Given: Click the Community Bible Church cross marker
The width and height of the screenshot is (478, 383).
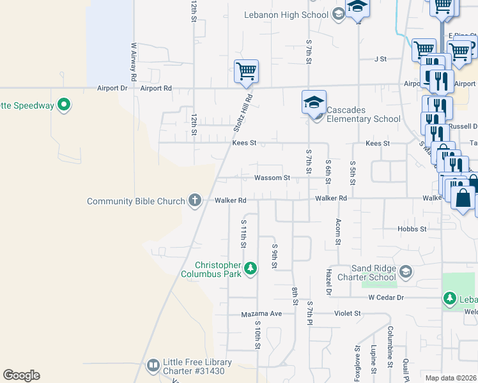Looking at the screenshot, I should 195,201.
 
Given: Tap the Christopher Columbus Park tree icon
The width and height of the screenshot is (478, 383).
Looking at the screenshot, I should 251,268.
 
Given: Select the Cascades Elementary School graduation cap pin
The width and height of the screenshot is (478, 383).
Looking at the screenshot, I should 314,102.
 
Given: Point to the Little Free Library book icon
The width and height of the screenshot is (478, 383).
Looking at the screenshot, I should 153,366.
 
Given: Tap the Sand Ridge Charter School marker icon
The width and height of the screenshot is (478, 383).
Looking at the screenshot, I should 405,273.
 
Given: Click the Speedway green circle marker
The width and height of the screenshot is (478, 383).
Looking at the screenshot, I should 64,105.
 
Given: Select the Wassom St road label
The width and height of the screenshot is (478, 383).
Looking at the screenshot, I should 272,178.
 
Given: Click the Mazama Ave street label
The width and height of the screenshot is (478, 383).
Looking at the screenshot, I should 261,314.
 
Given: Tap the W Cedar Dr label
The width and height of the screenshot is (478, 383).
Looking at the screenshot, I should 387,297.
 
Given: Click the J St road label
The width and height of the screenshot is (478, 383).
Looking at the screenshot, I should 381,59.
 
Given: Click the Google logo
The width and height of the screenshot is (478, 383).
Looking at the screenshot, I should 21,375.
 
